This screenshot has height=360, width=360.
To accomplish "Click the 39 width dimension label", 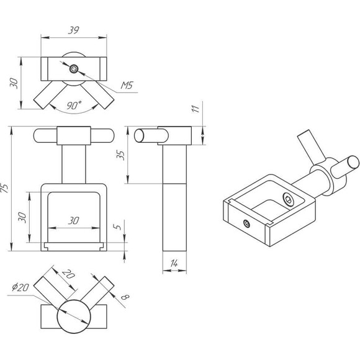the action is [x=74, y=30].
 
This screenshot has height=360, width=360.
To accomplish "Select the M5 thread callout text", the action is [x=127, y=86].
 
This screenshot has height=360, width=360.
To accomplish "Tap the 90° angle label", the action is [x=74, y=105].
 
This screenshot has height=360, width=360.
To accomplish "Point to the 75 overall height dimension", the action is [x=4, y=188].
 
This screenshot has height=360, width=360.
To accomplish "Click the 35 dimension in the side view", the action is [x=120, y=155].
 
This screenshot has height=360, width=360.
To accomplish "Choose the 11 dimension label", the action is [x=195, y=109].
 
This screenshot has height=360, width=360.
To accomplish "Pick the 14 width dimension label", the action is [x=174, y=263].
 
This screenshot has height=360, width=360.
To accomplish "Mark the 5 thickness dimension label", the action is [x=117, y=227].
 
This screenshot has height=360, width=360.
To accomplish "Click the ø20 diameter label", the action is [x=20, y=287].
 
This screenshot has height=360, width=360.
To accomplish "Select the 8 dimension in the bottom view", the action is [x=125, y=297].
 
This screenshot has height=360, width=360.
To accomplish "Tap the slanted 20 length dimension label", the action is [x=68, y=274].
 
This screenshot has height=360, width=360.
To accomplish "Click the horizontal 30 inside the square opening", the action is [x=74, y=220].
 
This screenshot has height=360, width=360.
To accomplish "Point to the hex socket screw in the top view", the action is [x=74, y=69].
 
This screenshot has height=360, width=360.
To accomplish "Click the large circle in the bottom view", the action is [x=74, y=317].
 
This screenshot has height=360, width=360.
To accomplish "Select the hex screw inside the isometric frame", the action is [x=288, y=199].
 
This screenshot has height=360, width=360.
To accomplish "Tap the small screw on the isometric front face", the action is [x=247, y=223].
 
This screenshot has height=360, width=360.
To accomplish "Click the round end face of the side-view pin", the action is [x=139, y=136].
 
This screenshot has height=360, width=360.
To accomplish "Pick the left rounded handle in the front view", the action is [x=45, y=136].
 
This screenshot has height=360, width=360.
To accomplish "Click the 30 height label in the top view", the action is [x=14, y=83].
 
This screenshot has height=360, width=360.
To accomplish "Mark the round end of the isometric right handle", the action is [x=353, y=162].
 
